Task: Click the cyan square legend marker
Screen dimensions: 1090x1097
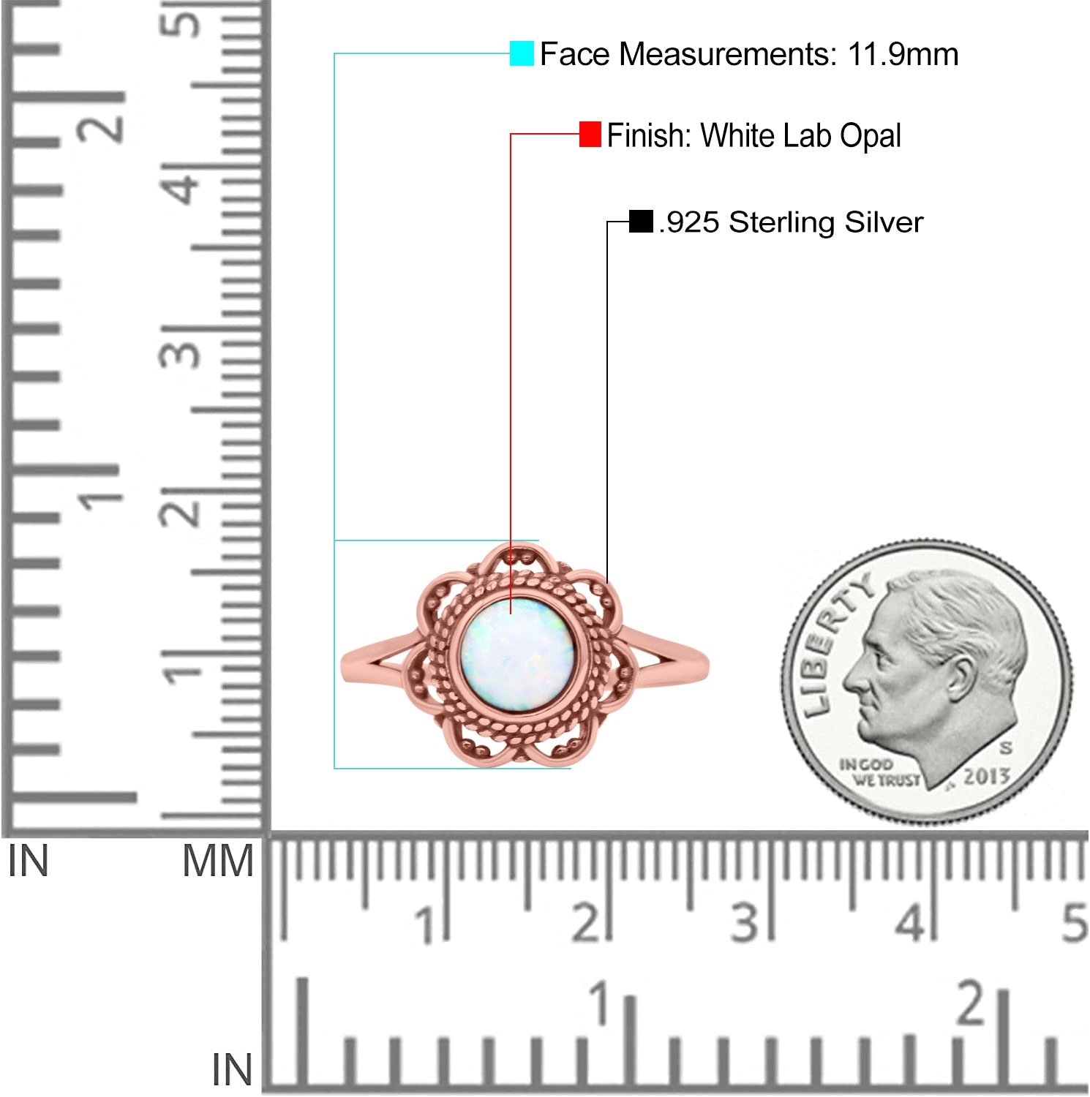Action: pyautogui.click(x=522, y=53)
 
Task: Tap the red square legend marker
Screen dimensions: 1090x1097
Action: pyautogui.click(x=590, y=135)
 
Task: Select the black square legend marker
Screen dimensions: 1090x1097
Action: pyautogui.click(x=641, y=222)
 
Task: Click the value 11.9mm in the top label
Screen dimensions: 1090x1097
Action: pyautogui.click(x=903, y=55)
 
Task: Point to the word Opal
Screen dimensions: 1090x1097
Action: pyautogui.click(x=871, y=137)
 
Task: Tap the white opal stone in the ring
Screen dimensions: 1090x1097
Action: pyautogui.click(x=517, y=655)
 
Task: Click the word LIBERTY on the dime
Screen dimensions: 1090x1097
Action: pyautogui.click(x=834, y=644)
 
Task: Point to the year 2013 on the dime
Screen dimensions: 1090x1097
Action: pyautogui.click(x=986, y=776)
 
